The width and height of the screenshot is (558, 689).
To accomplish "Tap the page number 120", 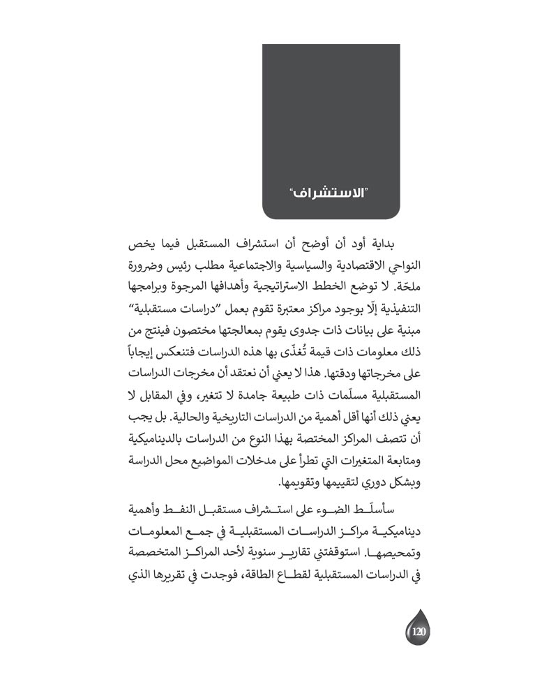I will [x=418, y=632].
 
